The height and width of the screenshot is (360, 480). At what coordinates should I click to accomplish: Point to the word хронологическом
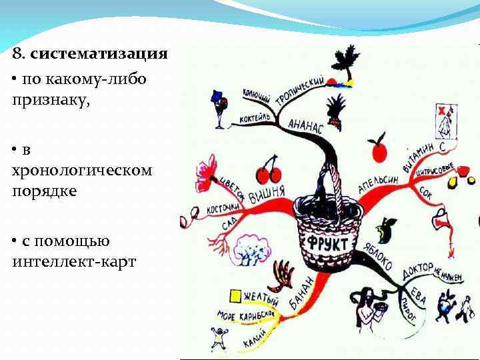[x=81, y=170]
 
